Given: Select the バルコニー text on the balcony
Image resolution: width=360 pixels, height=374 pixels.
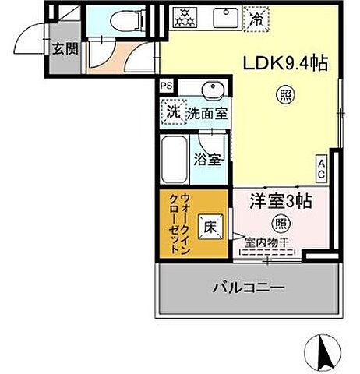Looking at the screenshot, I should [x=249, y=288].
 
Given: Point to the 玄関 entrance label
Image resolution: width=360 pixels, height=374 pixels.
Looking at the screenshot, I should [x=64, y=49].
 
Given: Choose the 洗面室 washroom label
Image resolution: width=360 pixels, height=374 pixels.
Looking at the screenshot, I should [x=206, y=113].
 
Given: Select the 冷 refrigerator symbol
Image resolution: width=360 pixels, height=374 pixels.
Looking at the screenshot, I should [x=255, y=17].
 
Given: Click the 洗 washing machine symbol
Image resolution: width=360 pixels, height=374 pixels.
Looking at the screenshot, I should [x=171, y=111].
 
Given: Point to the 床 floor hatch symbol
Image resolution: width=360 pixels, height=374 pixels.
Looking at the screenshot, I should [x=210, y=228].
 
